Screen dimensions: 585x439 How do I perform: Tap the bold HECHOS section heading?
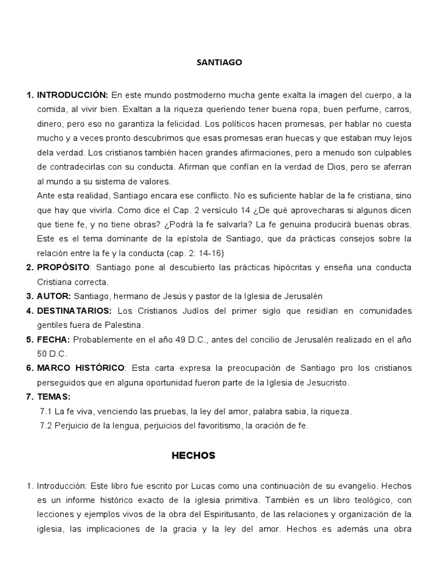click(193, 455)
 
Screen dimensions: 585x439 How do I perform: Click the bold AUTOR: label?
click(54, 296)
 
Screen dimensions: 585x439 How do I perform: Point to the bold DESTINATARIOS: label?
click(75, 311)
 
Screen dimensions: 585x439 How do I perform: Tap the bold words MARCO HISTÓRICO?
click(81, 368)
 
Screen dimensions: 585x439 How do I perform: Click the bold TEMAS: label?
click(54, 396)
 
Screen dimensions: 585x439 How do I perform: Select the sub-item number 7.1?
click(46, 411)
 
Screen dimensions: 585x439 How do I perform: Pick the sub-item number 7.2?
click(46, 426)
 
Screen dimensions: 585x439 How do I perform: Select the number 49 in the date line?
click(174, 339)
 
